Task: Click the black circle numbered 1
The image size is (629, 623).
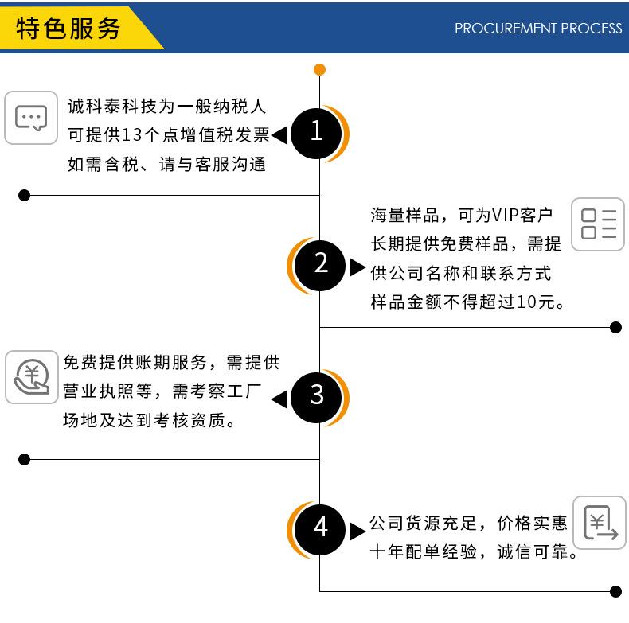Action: click(316, 134)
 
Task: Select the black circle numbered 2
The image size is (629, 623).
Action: click(320, 266)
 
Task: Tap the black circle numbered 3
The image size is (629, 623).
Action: click(316, 397)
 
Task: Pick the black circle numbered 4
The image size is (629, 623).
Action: click(320, 529)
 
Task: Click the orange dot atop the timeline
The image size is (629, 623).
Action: click(319, 70)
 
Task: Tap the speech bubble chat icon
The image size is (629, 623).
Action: click(31, 118)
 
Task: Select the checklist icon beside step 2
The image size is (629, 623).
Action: click(598, 224)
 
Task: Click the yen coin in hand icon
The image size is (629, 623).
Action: click(32, 377)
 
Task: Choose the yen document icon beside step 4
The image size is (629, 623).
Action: click(600, 523)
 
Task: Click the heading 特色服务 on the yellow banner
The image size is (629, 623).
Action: click(68, 29)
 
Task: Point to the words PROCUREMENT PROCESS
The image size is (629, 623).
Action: click(538, 28)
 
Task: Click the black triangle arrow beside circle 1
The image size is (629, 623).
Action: click(279, 135)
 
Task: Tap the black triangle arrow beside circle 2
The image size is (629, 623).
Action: click(357, 267)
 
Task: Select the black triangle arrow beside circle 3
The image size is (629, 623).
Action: click(279, 399)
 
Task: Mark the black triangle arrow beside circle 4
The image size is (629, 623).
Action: click(357, 531)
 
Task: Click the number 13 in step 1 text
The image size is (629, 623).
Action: click(132, 134)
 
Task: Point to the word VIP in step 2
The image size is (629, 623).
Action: click(505, 216)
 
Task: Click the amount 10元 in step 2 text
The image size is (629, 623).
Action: click(536, 302)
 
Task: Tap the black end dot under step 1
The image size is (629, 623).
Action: click(24, 195)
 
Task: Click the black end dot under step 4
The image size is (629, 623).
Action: click(615, 591)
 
